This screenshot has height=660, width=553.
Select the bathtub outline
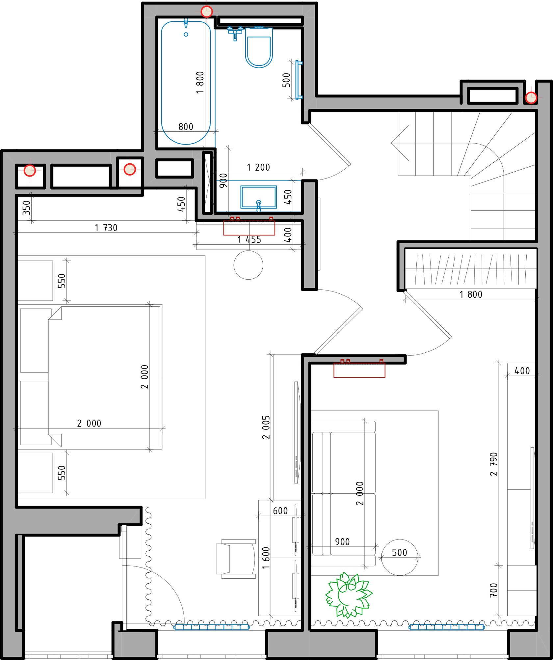tap(186, 83)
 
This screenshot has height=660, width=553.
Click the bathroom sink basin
tap(258, 197)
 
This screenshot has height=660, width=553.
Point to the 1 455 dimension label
tap(249, 239)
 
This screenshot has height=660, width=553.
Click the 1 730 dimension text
tap(106, 228)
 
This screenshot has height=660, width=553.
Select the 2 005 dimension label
tap(266, 427)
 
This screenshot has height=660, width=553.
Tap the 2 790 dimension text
tap(493, 464)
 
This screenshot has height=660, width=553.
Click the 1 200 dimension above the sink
tap(258, 167)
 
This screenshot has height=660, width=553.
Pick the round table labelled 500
tap(400, 557)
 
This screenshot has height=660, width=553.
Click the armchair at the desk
tap(236, 559)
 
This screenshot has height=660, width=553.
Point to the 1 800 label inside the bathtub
tap(200, 83)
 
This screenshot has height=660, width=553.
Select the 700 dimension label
tap(493, 590)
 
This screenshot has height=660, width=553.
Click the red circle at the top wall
tap(207, 12)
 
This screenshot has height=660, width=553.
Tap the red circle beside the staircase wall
tap(531, 98)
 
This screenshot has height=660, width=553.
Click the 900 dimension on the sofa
tap(342, 542)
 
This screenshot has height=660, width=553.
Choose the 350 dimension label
tap(26, 207)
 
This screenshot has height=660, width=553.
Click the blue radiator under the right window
tap(447, 627)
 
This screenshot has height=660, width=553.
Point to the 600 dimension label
tap(280, 511)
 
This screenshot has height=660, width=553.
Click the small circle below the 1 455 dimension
tap(248, 265)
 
